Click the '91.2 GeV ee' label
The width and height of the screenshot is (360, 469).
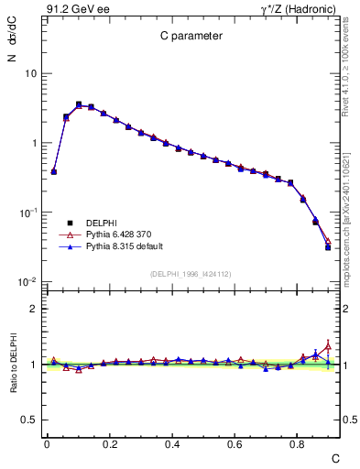pos(76,8)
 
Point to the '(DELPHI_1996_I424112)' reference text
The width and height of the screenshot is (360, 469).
pos(191,273)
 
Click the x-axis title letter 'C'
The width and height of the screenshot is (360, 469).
pos(334,457)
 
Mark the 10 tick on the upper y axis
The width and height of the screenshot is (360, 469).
pos(30,73)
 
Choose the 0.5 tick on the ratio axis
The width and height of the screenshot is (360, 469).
pos(29,420)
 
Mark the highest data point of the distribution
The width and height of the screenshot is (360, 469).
pos(79,104)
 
